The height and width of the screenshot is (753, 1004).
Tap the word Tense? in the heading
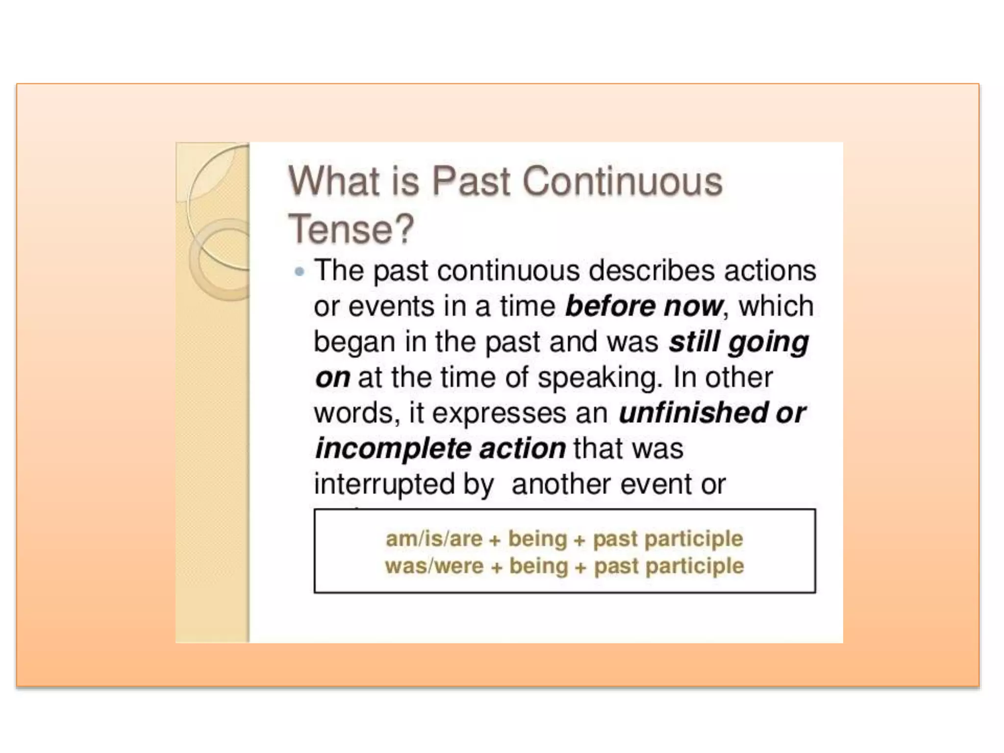point(351,229)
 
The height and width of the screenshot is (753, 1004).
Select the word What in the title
point(333,181)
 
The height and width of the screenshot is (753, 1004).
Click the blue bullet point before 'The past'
point(300,271)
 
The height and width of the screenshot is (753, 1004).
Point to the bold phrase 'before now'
point(644,306)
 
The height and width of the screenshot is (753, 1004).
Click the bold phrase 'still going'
point(738,342)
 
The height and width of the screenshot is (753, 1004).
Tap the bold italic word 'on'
point(332,378)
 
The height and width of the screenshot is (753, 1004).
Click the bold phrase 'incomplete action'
point(440,449)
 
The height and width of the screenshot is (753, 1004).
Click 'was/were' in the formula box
point(434,566)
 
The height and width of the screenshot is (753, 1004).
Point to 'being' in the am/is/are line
point(537,539)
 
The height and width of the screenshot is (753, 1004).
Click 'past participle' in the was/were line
point(669,566)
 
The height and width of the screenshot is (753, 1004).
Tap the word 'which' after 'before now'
point(776,306)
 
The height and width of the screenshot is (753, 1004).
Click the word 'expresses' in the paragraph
point(499,413)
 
